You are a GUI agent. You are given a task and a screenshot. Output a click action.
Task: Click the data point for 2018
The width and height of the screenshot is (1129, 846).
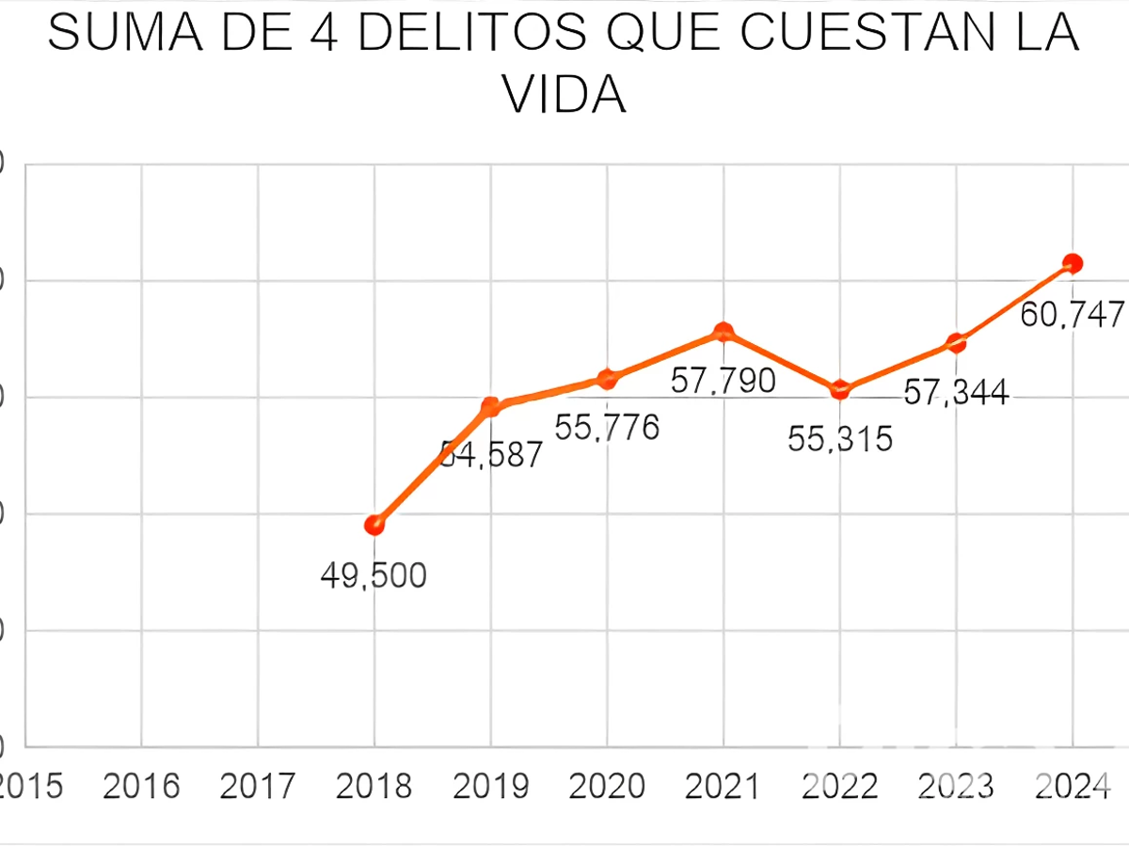(374, 525)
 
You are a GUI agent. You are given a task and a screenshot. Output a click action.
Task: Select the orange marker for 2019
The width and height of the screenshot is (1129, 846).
(490, 406)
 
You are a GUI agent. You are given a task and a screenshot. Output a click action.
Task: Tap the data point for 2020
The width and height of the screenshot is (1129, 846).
(607, 379)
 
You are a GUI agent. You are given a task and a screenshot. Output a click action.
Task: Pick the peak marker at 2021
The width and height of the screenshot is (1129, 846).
(724, 332)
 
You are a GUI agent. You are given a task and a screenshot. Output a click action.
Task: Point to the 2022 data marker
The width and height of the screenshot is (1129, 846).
(840, 390)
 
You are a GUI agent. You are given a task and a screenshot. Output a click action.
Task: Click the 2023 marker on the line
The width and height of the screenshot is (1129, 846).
(956, 343)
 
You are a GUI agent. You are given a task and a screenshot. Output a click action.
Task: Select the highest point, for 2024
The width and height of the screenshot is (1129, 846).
(1073, 263)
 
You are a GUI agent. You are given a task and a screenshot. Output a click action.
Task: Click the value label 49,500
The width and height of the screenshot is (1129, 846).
(374, 575)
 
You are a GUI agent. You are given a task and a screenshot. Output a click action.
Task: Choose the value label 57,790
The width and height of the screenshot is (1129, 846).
(723, 381)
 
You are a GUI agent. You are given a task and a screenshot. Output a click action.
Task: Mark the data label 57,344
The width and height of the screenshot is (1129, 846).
(956, 392)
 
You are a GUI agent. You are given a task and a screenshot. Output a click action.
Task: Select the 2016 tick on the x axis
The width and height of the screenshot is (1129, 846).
(141, 786)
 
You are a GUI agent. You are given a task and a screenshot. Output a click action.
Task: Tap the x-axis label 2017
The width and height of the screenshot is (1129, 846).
(258, 786)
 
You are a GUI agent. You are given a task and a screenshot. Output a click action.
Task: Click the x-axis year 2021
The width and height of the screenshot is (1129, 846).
(723, 786)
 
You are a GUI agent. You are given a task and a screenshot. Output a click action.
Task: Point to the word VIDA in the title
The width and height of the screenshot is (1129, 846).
(564, 94)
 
